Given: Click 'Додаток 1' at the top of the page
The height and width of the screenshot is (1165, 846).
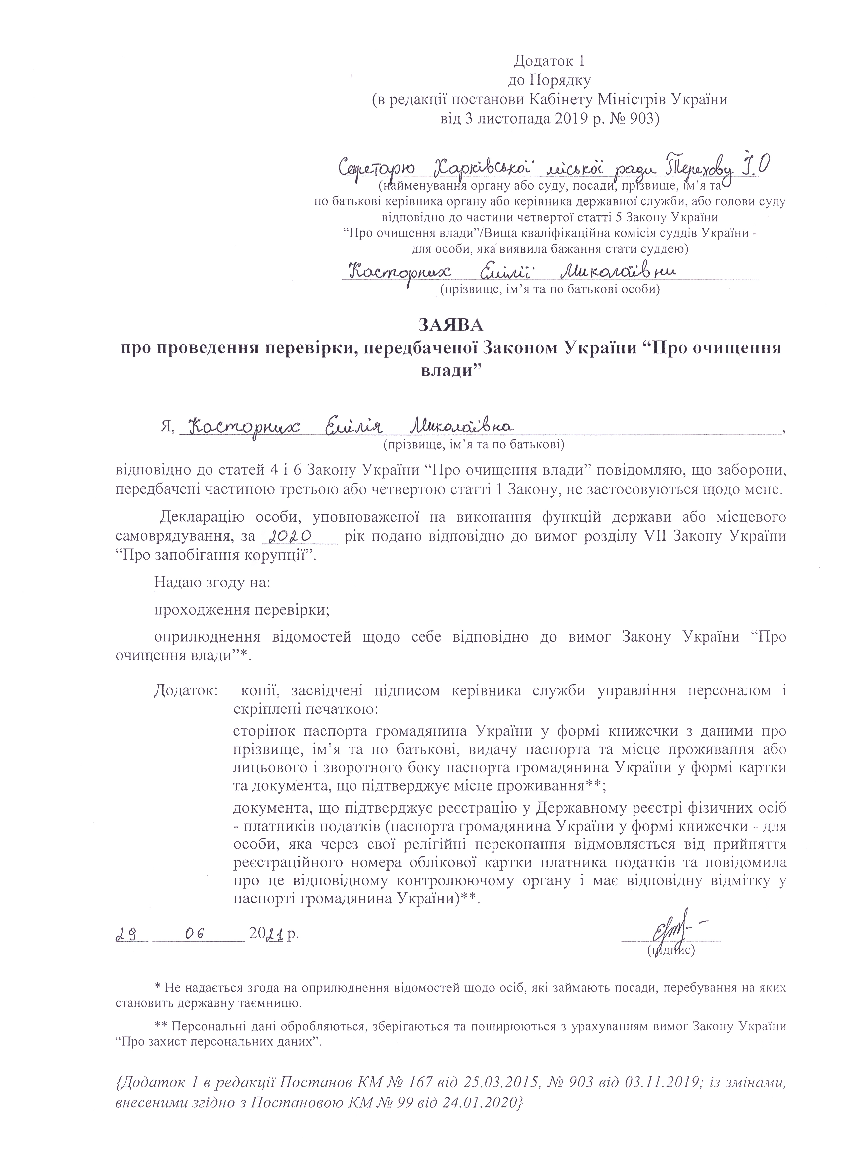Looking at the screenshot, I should coord(549,62).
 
